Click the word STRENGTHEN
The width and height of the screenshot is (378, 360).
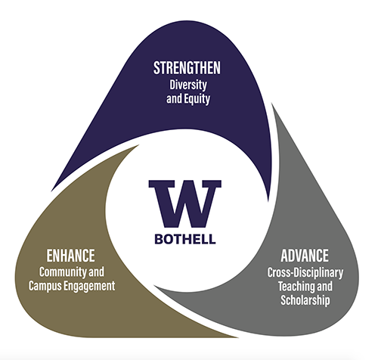coord(187,68)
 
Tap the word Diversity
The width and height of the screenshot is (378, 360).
coord(188,85)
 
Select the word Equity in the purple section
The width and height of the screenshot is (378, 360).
coord(197,99)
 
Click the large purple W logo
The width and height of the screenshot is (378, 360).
coord(185,203)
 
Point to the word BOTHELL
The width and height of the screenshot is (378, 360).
coord(185,239)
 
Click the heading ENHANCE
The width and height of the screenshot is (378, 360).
coord(71,256)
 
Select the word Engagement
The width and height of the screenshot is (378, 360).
coord(89,287)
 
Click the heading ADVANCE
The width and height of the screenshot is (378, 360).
coord(305,256)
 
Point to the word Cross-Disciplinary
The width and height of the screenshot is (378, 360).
coord(305,272)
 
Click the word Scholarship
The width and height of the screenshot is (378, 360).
coord(305,300)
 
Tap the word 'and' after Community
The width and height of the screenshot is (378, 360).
coord(97,272)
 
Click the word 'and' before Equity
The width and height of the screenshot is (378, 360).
coord(174,98)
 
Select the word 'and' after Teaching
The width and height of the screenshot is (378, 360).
coord(324,286)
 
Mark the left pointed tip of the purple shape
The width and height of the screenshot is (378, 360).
coord(52,191)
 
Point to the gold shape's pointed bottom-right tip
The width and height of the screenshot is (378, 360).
coord(237,337)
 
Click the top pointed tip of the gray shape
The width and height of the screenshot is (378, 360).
coord(272,104)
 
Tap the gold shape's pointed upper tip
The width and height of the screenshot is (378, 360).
coord(138,145)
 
